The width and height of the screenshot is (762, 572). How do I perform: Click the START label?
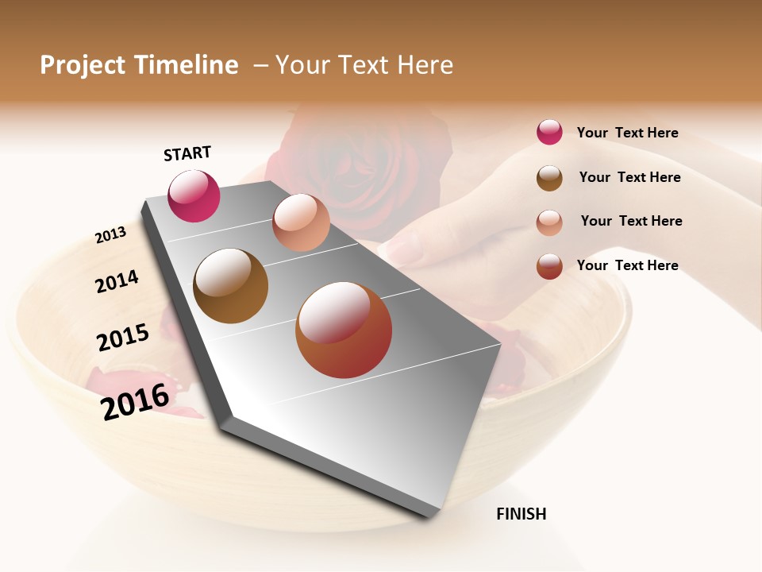click(x=187, y=153)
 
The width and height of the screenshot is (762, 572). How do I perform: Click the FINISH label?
click(x=521, y=514)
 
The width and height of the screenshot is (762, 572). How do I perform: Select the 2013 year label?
click(x=110, y=235)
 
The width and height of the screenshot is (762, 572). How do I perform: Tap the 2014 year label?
click(x=117, y=281)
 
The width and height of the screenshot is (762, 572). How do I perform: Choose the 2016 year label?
click(x=135, y=401)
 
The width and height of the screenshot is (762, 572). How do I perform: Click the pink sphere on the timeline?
click(x=194, y=196)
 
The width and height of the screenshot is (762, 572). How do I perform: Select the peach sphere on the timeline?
click(x=301, y=222)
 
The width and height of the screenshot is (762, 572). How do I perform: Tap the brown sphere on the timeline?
click(x=231, y=286)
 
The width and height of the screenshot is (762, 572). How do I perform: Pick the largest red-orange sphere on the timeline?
click(x=344, y=330)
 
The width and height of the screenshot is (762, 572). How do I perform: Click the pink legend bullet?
click(x=549, y=133)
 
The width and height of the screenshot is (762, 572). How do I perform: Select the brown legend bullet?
click(x=549, y=178)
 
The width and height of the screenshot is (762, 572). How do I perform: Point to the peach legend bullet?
click(x=549, y=222)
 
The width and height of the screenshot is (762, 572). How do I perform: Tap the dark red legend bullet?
click(x=549, y=266)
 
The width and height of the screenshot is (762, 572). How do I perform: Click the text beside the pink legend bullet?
click(x=627, y=133)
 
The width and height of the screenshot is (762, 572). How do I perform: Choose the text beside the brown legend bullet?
click(x=629, y=177)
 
